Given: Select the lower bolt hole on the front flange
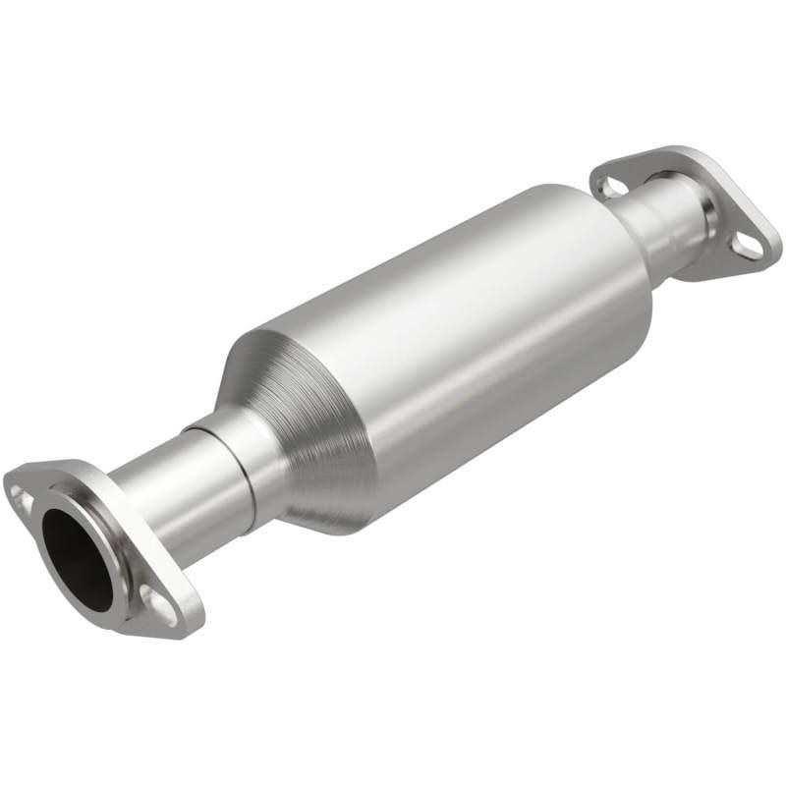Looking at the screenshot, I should tap(150, 596).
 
